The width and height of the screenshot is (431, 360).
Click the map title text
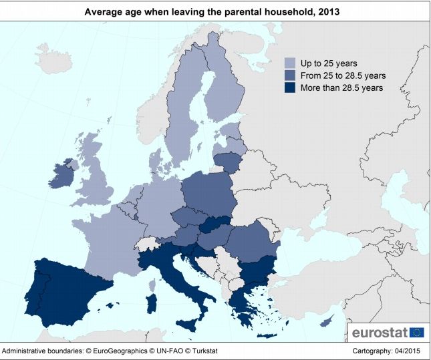[215, 11]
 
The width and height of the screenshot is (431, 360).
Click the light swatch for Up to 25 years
[290, 63]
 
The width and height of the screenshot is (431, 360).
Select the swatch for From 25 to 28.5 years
[290, 75]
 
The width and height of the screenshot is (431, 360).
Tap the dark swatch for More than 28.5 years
[290, 87]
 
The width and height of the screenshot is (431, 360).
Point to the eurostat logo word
[379, 333]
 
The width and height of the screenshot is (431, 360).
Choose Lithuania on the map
[229, 161]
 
